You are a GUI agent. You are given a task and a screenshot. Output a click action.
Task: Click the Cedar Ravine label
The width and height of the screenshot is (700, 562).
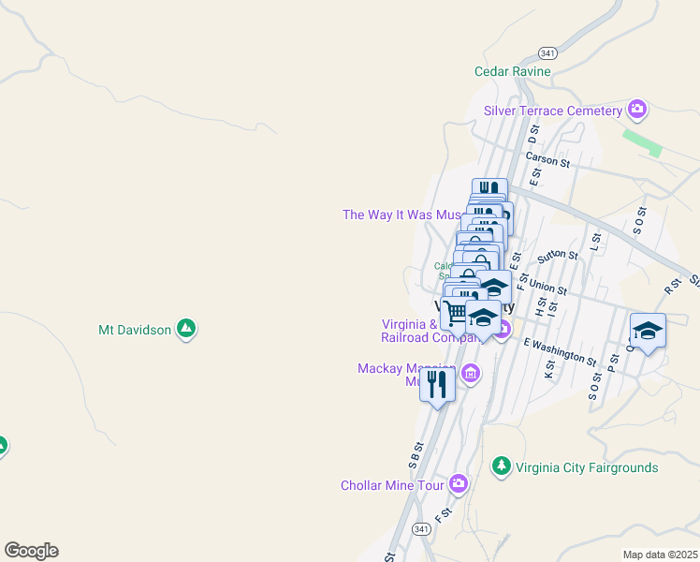512,71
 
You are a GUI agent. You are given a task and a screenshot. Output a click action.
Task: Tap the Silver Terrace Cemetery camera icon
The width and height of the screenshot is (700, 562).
637,111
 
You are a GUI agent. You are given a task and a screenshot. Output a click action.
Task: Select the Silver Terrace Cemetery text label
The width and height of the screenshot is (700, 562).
552,111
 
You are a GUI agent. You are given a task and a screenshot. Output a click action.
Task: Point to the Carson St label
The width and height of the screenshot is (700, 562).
547,161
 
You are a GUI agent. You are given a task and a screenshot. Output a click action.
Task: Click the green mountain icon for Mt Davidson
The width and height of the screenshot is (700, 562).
186,329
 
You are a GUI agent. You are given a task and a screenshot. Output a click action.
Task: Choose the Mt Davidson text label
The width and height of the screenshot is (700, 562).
135,330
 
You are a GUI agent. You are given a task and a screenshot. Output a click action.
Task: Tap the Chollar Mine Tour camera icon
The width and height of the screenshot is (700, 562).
459,484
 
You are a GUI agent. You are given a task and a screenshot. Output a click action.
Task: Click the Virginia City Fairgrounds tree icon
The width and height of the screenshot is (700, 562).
502,466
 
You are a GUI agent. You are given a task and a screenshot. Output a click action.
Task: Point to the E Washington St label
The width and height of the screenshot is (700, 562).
560,350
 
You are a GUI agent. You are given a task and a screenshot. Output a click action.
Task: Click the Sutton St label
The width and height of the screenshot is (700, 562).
559,256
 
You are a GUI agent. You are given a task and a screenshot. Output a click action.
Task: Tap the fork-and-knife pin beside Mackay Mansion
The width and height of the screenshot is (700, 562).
437,383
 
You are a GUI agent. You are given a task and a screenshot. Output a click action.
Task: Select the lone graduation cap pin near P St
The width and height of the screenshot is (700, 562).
648,330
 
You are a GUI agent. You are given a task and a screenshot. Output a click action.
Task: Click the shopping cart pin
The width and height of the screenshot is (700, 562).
456,312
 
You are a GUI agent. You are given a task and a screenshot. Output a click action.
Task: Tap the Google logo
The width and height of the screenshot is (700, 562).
31,550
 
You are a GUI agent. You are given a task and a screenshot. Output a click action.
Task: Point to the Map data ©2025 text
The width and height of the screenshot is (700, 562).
660,555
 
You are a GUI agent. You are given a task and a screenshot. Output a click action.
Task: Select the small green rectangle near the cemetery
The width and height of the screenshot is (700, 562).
642,140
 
